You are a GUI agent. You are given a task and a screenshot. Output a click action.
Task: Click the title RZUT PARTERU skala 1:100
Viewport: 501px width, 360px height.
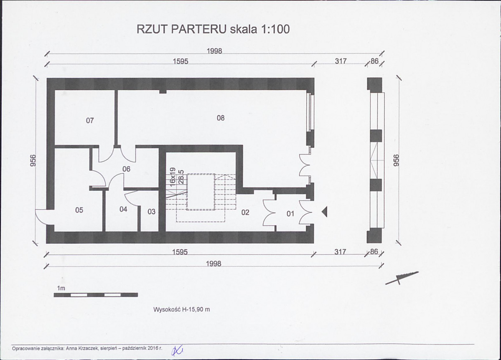[x=213, y=29]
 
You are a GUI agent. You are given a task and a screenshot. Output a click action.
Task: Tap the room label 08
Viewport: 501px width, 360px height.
[x=221, y=118]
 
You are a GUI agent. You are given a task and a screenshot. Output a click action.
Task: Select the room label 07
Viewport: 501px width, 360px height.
[x=90, y=120]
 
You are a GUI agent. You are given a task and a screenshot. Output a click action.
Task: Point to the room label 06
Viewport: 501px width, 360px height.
[x=126, y=169]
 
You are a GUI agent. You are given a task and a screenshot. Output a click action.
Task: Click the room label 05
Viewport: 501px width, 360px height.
[x=79, y=210]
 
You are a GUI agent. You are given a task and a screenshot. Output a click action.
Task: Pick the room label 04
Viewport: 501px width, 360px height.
[x=123, y=209]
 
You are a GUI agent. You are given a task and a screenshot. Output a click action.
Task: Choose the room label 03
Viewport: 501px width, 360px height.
[x=151, y=211]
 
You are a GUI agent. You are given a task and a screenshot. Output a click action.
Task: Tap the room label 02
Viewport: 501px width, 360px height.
[x=245, y=213]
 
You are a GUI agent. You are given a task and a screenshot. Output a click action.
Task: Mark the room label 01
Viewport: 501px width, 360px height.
[x=290, y=213]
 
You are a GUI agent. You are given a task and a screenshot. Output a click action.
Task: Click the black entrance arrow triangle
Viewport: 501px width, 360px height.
[x=325, y=212]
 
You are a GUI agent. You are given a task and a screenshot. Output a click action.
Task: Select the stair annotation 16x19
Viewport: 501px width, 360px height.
[x=173, y=177]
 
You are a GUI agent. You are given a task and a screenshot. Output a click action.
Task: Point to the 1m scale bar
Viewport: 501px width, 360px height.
[x=96, y=295]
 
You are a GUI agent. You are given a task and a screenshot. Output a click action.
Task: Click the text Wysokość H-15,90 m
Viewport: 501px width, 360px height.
[x=181, y=309]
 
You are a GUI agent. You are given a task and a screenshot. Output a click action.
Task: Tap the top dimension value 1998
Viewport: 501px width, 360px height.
[x=214, y=51]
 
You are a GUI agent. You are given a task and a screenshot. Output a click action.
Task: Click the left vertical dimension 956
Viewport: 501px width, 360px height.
[x=33, y=160]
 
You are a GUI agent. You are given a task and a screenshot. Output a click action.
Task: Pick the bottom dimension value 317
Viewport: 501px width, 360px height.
[x=340, y=252]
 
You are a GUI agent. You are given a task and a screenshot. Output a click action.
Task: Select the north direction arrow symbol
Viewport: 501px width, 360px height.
[x=402, y=278]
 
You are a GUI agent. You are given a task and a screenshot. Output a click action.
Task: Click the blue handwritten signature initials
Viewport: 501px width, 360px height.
[x=177, y=351]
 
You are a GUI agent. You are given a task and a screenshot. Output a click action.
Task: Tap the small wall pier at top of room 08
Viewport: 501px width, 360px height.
[x=163, y=92]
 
